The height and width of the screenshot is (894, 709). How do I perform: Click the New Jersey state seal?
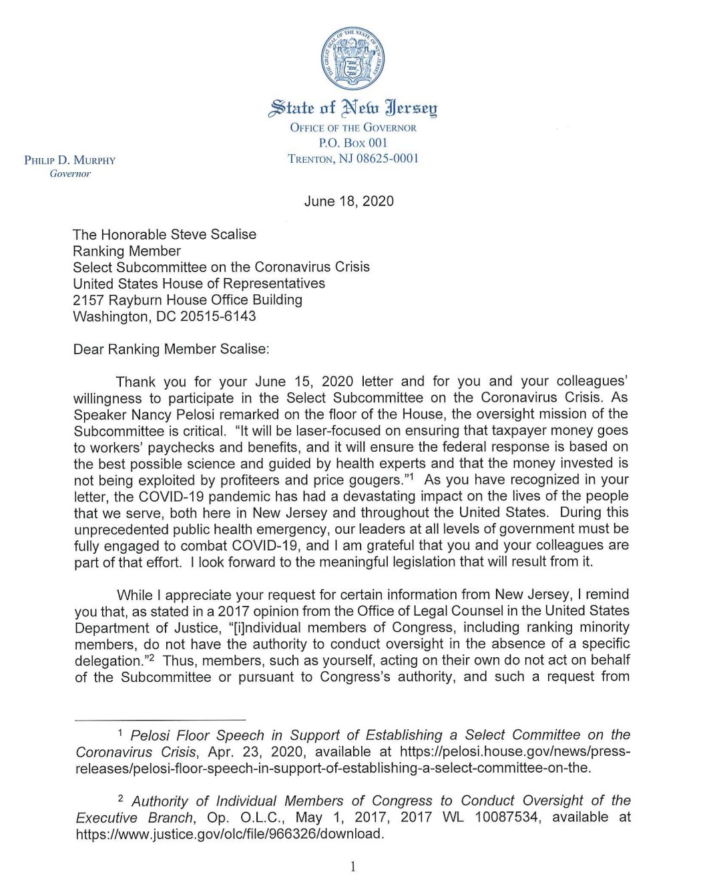point(353,59)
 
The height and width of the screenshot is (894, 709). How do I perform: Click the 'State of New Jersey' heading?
point(353,107)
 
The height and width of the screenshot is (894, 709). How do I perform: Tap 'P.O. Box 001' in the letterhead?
point(353,143)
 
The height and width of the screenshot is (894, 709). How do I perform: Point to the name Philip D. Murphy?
point(69,160)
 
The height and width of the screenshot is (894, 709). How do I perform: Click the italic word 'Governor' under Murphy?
point(70,174)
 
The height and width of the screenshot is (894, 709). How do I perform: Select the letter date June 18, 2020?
point(348,201)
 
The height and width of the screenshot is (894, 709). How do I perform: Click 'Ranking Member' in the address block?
point(127,252)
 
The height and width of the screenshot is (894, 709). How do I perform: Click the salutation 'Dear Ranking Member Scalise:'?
point(171,350)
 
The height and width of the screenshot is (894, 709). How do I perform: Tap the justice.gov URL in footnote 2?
point(230,834)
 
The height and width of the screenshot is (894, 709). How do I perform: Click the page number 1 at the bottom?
point(353,867)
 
